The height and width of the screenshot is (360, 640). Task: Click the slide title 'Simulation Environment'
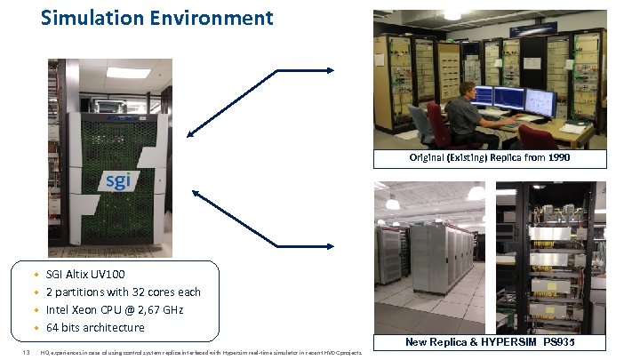157,18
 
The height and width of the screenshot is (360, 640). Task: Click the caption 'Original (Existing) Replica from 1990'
490,158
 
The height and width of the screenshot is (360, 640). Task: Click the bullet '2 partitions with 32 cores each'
123,292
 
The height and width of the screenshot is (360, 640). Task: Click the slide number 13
27,353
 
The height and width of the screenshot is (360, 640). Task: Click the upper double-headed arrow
261,101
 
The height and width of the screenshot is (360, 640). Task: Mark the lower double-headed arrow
261,218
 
